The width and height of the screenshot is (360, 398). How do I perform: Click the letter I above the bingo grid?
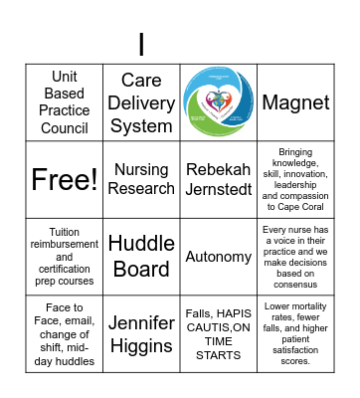click(x=141, y=45)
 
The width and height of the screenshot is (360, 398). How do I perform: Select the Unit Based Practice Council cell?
click(x=65, y=102)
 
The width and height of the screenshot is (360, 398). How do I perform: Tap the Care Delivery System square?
click(x=141, y=102)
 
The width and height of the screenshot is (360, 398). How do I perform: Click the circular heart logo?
click(x=219, y=102)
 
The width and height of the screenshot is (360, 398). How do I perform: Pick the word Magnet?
click(x=295, y=102)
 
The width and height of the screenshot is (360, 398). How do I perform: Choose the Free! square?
click(x=65, y=179)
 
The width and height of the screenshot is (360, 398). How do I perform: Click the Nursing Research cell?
click(x=141, y=179)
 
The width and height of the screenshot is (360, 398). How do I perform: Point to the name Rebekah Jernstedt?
click(x=219, y=179)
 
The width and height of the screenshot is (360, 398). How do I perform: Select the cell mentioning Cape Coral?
click(x=295, y=179)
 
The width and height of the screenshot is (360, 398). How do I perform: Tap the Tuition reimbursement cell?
click(x=65, y=257)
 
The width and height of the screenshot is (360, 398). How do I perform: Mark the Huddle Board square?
click(x=141, y=257)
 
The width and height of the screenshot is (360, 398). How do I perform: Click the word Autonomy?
click(x=219, y=257)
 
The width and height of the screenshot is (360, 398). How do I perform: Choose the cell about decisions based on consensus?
click(x=295, y=257)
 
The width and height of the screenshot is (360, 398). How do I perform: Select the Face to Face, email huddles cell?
click(x=65, y=333)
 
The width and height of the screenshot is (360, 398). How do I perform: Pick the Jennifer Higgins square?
click(x=141, y=333)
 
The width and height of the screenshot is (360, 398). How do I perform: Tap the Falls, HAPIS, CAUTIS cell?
click(x=219, y=333)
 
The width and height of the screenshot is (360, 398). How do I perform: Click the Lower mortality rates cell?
click(x=295, y=333)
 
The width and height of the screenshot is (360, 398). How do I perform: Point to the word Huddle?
click(x=141, y=244)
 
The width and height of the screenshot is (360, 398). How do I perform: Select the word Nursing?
click(x=141, y=170)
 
